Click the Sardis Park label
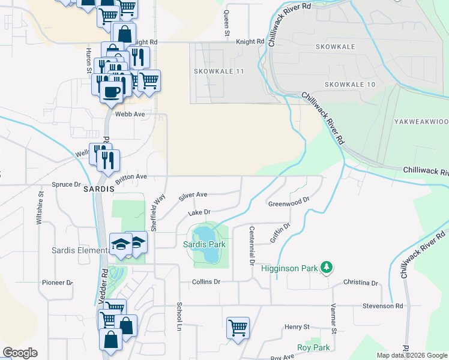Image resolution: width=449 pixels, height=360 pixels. pyautogui.click(x=204, y=244)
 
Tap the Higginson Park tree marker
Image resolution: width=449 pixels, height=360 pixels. pyautogui.click(x=326, y=266)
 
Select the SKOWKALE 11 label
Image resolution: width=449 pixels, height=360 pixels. pyautogui.click(x=219, y=71)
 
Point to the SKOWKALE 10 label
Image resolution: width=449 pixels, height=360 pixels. pyautogui.click(x=350, y=85)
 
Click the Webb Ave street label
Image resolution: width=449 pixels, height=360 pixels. pyautogui.click(x=131, y=113)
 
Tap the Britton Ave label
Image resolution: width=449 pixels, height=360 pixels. pyautogui.click(x=131, y=177)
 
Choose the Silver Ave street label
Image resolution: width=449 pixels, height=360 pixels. pyautogui.click(x=193, y=196)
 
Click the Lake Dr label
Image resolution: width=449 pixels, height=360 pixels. pyautogui.click(x=199, y=212)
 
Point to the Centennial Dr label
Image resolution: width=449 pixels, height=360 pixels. pyautogui.click(x=252, y=246)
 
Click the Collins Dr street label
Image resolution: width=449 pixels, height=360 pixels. pyautogui.click(x=206, y=281)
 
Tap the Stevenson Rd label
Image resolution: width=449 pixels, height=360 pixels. pyautogui.click(x=382, y=306)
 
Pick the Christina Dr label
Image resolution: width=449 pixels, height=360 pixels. pyautogui.click(x=361, y=283)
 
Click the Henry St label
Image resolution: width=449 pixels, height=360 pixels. pyautogui.click(x=297, y=327)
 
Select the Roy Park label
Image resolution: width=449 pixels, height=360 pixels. pyautogui.click(x=313, y=347)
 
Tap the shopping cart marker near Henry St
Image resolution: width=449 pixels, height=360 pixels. pyautogui.click(x=238, y=328)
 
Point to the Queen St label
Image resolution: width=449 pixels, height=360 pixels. pyautogui.click(x=227, y=23)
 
